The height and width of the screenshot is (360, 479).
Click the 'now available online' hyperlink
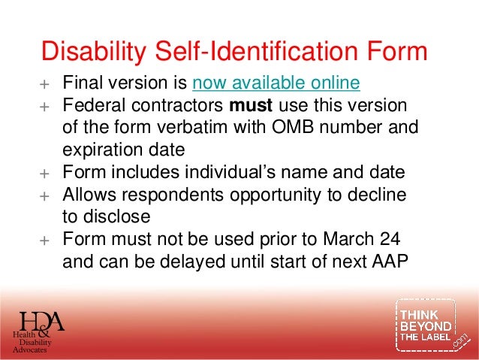276,82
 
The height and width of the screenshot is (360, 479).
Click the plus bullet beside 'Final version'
44,83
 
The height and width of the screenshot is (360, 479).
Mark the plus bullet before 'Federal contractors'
44,104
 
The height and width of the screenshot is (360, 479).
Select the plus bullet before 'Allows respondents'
44,195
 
